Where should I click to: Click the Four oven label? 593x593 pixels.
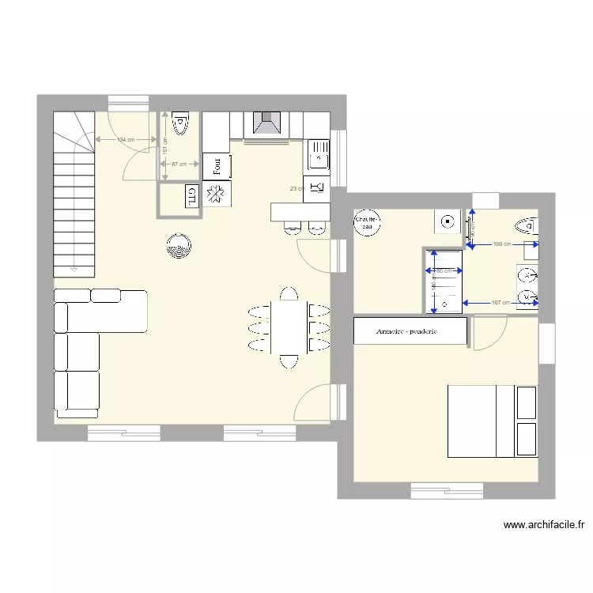pos(216,166)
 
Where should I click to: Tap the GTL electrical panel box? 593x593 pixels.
pos(191,196)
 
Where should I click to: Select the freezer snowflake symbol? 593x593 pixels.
pos(216,195)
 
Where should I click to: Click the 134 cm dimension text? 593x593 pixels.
pos(125,140)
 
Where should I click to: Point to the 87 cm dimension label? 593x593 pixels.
pos(178,164)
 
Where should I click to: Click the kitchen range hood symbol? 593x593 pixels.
pos(266,124)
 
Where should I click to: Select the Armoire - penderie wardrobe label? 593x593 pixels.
pos(407,331)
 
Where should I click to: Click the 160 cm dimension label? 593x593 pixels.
pos(501,244)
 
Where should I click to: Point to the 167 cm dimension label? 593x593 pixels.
pos(500,303)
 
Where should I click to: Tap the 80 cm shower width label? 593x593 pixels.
pos(444,271)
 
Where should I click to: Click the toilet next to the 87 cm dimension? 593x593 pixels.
pos(180,123)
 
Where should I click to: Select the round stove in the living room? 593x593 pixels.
pos(179,246)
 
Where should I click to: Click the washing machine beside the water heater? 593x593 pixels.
pos(447,221)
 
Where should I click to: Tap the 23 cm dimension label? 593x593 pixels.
pos(296,189)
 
